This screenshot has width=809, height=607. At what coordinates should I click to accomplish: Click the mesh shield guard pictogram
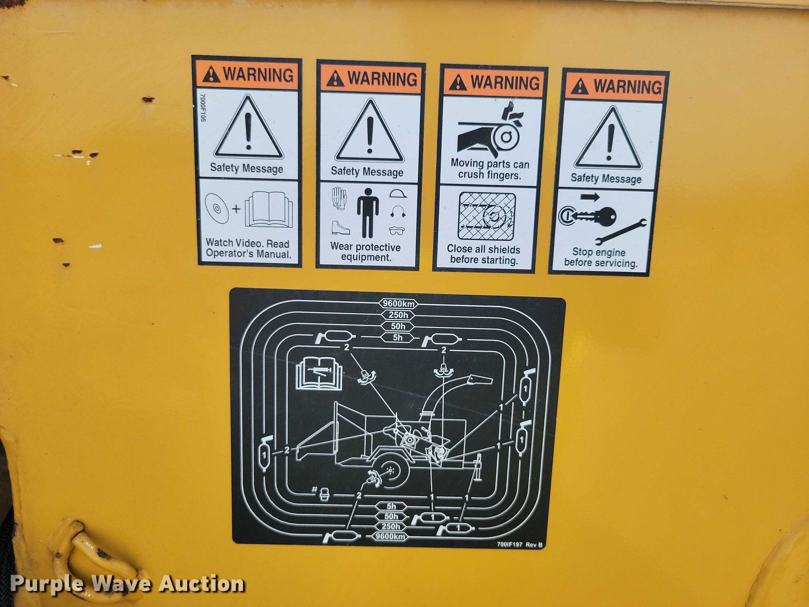tap(487, 217)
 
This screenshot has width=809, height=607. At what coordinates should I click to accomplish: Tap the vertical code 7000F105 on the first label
tap(203, 107)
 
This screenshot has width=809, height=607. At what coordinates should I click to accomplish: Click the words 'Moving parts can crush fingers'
tap(490, 169)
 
